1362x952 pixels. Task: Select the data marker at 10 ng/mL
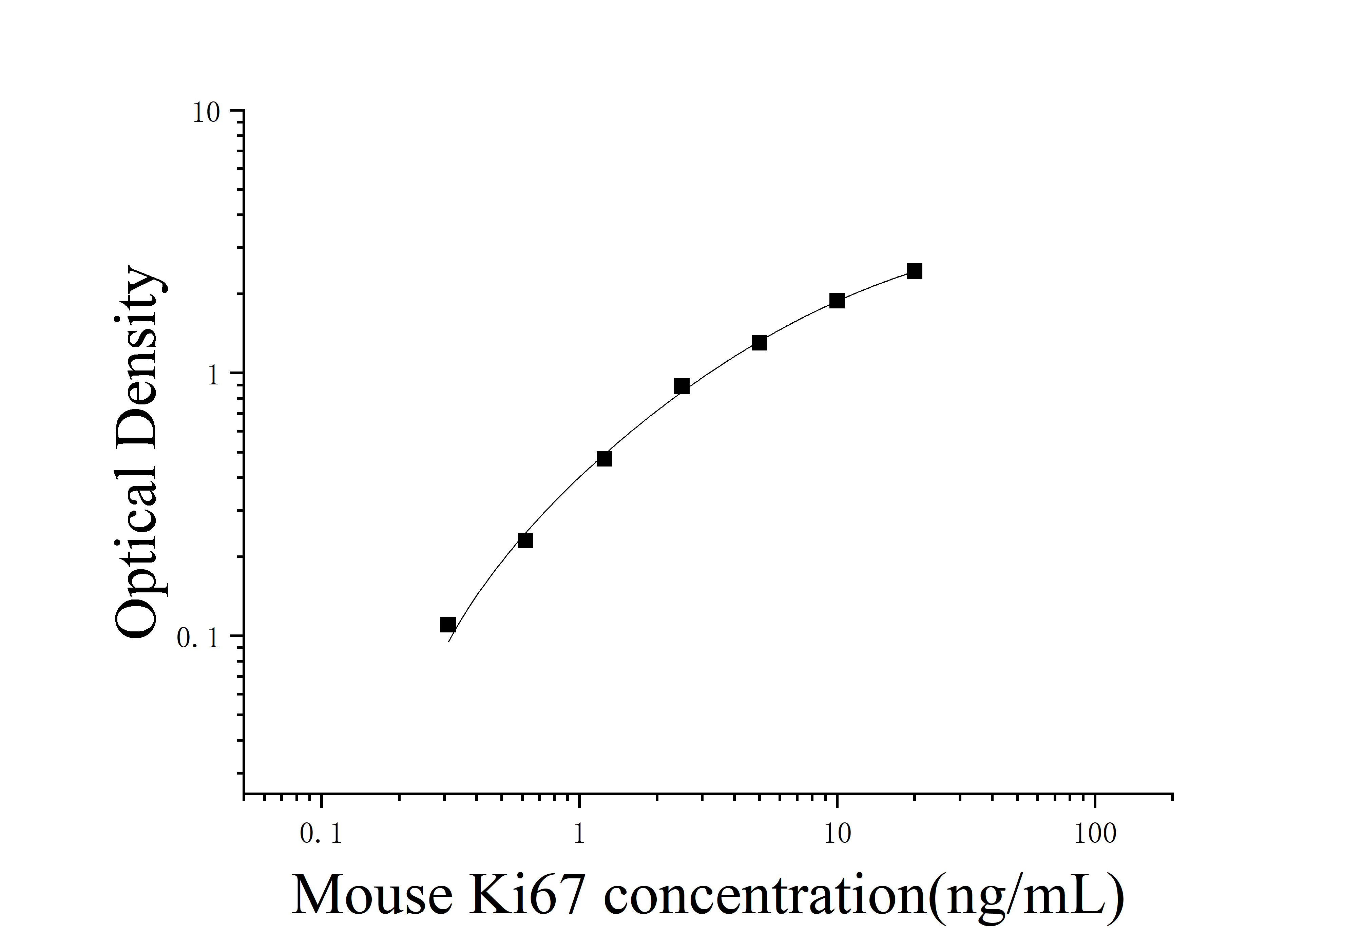coord(837,301)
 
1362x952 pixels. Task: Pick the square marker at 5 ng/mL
coord(759,343)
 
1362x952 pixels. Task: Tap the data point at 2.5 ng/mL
coord(682,386)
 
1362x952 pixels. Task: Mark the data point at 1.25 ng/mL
coord(604,458)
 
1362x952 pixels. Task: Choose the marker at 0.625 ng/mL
coord(525,540)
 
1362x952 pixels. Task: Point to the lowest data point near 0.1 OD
coord(448,625)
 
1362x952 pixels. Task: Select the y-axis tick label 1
coord(213,376)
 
